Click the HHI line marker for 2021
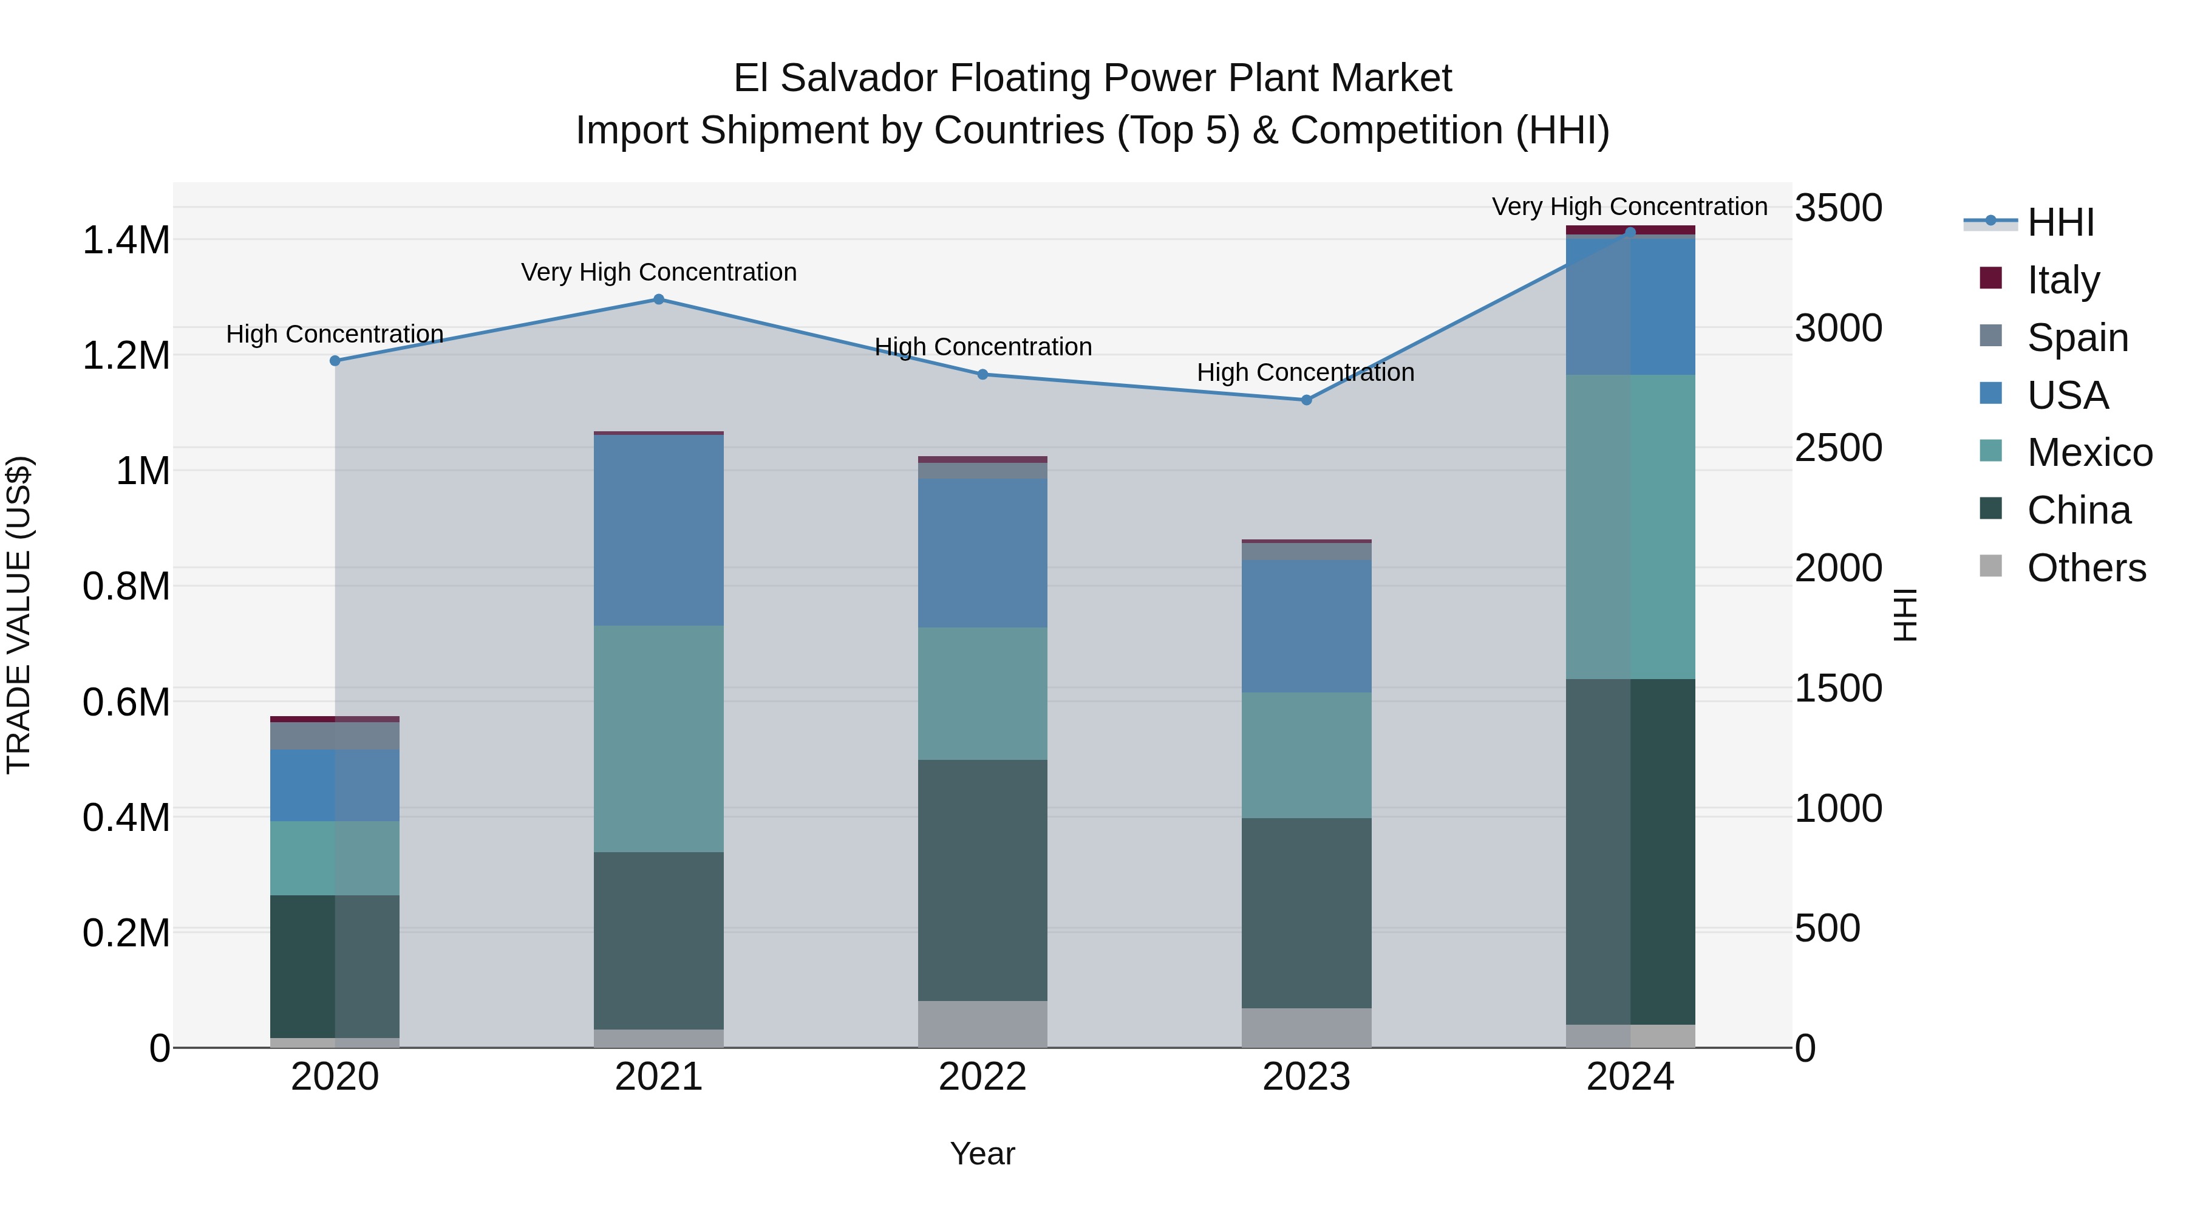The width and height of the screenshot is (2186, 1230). (x=658, y=299)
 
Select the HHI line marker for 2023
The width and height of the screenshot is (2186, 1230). (x=1307, y=400)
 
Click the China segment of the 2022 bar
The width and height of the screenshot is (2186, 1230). (x=982, y=880)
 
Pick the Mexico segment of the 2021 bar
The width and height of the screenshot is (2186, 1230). (x=658, y=739)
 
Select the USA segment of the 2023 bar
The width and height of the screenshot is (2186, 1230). (x=1307, y=626)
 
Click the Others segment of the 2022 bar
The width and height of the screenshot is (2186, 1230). (x=982, y=1023)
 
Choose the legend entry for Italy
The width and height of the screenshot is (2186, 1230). (x=2062, y=279)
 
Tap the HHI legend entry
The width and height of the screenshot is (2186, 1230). (x=2060, y=222)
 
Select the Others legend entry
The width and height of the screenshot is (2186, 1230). (x=2085, y=568)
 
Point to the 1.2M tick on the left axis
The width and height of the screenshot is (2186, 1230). (x=126, y=356)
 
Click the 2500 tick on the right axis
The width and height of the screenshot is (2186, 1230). (x=1838, y=448)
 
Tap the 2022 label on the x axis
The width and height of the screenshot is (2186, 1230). (x=982, y=1077)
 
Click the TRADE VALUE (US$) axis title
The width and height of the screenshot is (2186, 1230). (x=19, y=615)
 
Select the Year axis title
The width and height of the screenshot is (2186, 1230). (x=982, y=1153)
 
